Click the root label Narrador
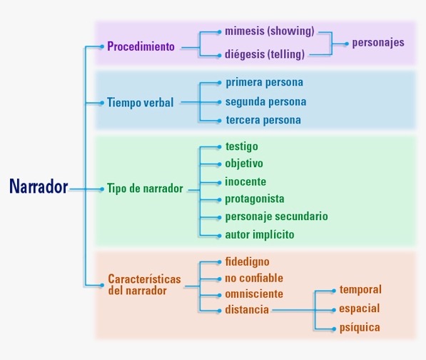(x=39, y=187)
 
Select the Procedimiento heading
(x=141, y=47)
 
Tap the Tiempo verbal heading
(x=140, y=102)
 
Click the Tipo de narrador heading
(x=145, y=189)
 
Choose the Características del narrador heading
(x=144, y=285)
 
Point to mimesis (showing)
(x=269, y=31)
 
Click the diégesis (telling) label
(x=265, y=54)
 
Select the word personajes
(x=377, y=42)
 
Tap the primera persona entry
(x=264, y=82)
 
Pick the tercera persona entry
(x=263, y=120)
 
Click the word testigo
(x=242, y=146)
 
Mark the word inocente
(x=245, y=181)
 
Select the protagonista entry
(x=255, y=199)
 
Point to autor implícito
(x=260, y=234)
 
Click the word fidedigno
(x=248, y=261)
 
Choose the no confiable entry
(x=254, y=278)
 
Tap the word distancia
(x=247, y=310)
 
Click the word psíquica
(x=360, y=328)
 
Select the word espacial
(x=359, y=309)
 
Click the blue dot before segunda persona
(x=219, y=102)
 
